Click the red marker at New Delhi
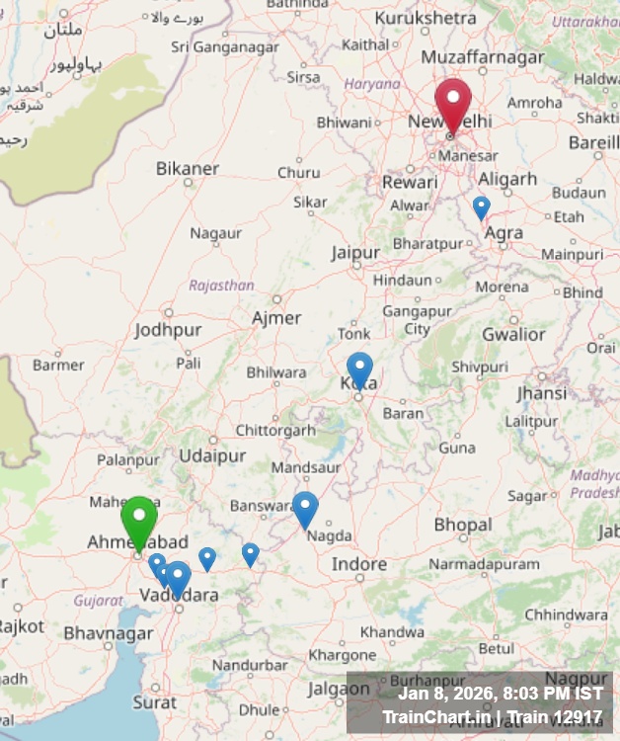click(453, 104)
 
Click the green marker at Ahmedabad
click(139, 519)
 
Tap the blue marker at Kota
click(360, 368)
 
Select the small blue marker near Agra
click(481, 206)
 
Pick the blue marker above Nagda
click(306, 508)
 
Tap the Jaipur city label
click(355, 253)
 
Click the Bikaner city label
click(188, 169)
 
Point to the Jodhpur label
click(168, 330)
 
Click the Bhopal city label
click(463, 524)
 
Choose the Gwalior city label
click(513, 334)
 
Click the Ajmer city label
click(276, 318)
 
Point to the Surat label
click(155, 702)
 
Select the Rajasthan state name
click(221, 286)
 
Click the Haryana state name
click(372, 84)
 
